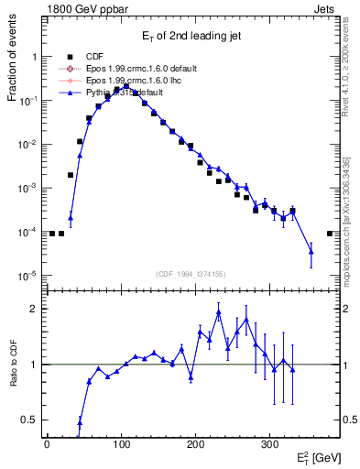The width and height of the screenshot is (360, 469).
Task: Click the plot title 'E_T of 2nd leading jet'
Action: tap(190, 36)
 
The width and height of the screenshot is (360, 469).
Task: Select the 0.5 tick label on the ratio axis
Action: tap(27, 420)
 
